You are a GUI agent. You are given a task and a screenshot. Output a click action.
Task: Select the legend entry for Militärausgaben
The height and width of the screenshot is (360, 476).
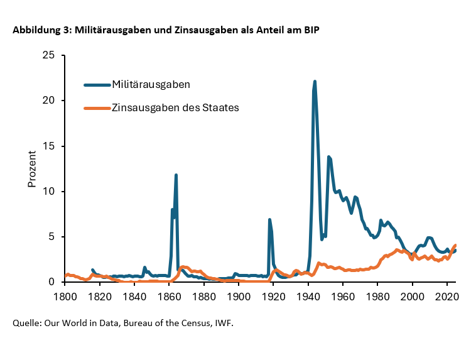[x=151, y=84]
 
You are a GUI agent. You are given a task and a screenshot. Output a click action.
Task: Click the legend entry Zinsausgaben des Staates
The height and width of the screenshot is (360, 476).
[x=175, y=107]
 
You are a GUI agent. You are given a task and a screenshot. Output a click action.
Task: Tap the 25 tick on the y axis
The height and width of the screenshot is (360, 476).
[x=49, y=55]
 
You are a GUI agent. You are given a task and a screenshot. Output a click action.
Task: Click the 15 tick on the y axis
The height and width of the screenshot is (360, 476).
[x=49, y=146]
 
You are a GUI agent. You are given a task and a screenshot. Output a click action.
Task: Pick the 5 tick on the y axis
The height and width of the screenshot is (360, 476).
[x=52, y=237]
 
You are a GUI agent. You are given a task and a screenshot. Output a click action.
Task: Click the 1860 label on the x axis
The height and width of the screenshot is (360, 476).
[x=169, y=295]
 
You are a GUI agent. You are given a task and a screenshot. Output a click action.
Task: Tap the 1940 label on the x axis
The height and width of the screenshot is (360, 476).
[x=308, y=295]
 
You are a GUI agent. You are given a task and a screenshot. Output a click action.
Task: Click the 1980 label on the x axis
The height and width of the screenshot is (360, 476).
[x=377, y=295]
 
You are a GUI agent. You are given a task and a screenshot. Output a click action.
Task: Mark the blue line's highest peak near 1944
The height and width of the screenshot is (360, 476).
[x=315, y=82]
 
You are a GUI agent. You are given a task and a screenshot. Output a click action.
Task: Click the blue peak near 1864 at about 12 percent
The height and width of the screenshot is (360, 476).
[x=176, y=175]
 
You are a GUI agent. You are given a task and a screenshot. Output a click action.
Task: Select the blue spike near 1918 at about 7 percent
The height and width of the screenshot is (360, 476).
[x=269, y=219]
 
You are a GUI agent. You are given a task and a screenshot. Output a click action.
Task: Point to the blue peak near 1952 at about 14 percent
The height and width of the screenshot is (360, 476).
[x=328, y=156]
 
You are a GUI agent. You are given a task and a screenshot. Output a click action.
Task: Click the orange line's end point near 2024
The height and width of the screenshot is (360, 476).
[x=455, y=245]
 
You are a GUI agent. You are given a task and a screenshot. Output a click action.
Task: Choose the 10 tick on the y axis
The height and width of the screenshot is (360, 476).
[x=49, y=192]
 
